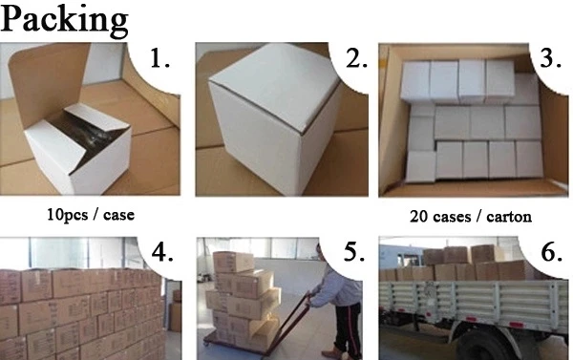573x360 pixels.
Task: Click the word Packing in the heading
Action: pos(64,21)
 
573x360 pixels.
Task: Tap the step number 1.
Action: pos(160,58)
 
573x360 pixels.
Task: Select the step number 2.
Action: pos(356,58)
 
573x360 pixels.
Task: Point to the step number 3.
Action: pos(550,57)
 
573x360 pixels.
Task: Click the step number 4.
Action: pos(162,252)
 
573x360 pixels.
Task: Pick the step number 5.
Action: pos(354,252)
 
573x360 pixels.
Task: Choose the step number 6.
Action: pos(551,252)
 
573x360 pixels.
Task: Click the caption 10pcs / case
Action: pos(91,215)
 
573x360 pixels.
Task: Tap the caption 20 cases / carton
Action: pos(471,217)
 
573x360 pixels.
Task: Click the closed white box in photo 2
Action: pos(274,116)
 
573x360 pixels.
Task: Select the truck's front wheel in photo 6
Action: pos(478,347)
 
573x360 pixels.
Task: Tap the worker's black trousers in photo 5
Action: pos(348,328)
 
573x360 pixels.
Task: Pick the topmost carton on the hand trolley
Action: pos(234,262)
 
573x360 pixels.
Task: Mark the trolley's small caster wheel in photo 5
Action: pos(207,345)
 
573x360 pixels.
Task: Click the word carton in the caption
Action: pos(509,217)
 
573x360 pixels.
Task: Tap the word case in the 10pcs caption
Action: pos(118,215)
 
